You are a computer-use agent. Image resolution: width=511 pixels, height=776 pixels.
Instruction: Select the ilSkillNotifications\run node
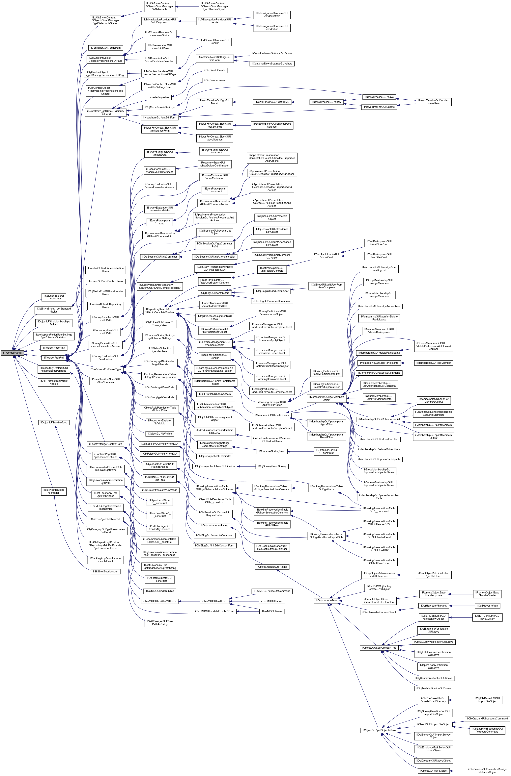pos(105,572)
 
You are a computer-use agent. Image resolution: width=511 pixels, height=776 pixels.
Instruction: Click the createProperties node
pos(159,97)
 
